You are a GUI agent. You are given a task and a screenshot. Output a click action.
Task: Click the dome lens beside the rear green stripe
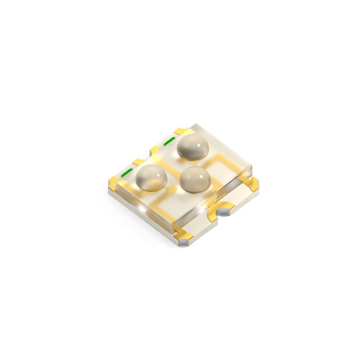[x=193, y=147]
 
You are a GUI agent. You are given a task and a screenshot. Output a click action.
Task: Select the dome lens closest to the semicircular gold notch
[x=194, y=179]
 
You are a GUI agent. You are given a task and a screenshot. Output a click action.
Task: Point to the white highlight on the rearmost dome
[x=198, y=145]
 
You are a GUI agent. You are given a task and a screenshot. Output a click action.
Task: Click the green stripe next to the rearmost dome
[x=169, y=142]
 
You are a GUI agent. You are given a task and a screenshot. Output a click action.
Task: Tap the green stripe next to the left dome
[x=127, y=172]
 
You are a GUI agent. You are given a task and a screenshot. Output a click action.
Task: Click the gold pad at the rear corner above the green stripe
[x=180, y=130]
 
